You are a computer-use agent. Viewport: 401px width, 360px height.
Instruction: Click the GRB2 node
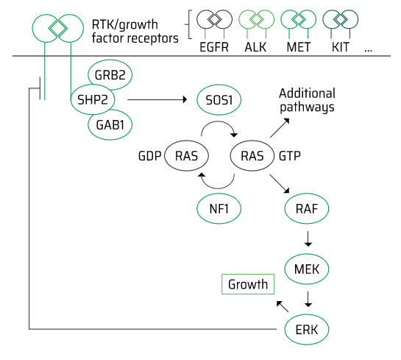pos(110,74)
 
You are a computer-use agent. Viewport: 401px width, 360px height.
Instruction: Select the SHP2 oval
pos(93,99)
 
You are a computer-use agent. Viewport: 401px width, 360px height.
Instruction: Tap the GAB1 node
pos(110,125)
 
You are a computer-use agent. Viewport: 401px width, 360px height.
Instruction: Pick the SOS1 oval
pos(219,99)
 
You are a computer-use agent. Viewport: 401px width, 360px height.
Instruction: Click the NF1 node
pos(219,208)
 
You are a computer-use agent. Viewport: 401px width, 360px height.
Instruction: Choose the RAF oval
pos(307,208)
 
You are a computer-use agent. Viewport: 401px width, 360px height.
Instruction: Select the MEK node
pos(307,269)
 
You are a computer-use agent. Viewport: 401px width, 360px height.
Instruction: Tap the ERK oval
pos(307,329)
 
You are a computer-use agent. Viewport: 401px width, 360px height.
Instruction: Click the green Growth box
pos(248,284)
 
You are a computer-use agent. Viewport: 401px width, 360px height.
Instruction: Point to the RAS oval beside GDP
pos(186,155)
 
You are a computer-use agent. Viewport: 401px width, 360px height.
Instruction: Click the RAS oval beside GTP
pos(252,155)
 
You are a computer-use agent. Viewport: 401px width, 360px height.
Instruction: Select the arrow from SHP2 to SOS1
pos(157,99)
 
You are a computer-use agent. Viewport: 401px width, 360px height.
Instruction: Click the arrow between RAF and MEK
pos(308,239)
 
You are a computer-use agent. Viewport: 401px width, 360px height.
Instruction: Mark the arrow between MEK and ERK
pos(308,299)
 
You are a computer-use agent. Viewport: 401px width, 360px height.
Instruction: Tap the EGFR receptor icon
pos(214,24)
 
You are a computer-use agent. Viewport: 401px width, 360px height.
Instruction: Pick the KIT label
pos(341,47)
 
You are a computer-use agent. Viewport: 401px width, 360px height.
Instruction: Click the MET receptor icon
pos(298,24)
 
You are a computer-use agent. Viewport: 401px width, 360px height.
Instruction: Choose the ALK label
pos(255,47)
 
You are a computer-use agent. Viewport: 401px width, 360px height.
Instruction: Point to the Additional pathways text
pos(307,100)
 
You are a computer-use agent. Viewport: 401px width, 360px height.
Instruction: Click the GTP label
pos(290,156)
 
